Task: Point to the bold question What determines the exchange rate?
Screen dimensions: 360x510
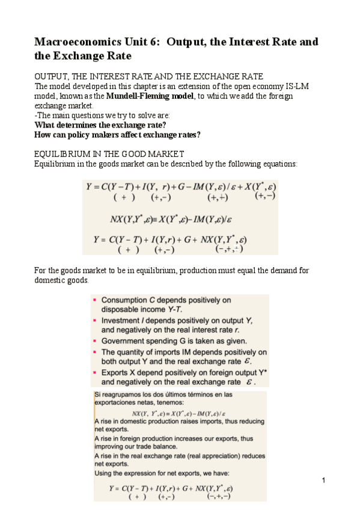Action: [x=100, y=124]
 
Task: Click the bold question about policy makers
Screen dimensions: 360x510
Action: [x=117, y=134]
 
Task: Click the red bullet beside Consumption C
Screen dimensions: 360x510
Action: [x=95, y=300]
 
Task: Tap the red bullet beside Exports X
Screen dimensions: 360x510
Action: [x=95, y=373]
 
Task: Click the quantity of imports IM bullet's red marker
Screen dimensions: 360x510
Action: [x=95, y=352]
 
